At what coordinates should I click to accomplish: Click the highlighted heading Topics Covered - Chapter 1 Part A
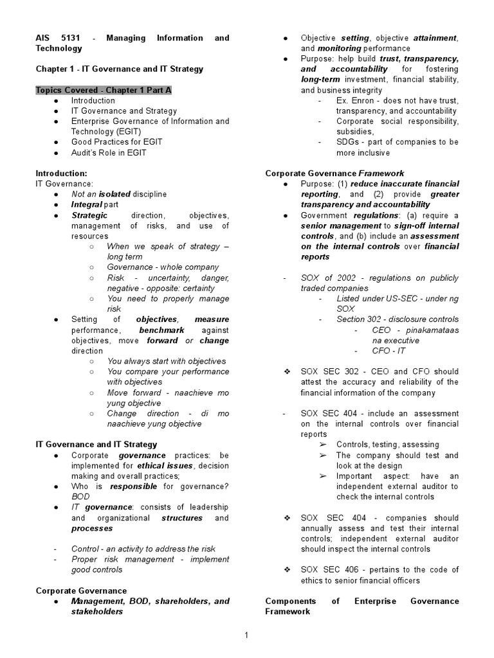[x=104, y=90]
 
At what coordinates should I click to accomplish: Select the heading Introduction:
[x=61, y=173]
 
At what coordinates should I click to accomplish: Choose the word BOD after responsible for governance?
[x=80, y=497]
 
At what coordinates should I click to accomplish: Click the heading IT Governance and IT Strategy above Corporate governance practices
[x=96, y=444]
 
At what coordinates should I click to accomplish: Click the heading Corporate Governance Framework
[x=334, y=173]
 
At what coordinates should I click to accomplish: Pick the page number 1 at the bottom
[x=246, y=636]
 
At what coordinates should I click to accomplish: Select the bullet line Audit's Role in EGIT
[x=109, y=152]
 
